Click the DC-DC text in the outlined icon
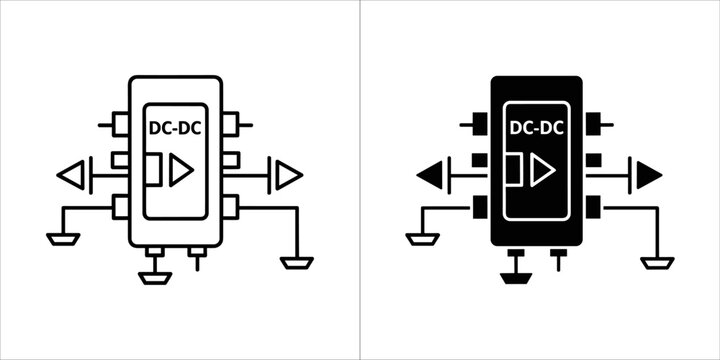(x=175, y=127)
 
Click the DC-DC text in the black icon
(x=536, y=127)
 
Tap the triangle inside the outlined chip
(x=180, y=172)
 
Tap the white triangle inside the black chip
(x=541, y=172)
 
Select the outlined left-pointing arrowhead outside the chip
(x=71, y=177)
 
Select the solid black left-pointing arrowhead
(x=430, y=177)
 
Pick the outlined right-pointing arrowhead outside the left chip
(x=288, y=176)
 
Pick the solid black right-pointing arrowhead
(x=648, y=176)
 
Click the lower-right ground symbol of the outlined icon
(x=297, y=262)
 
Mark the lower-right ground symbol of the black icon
(x=658, y=262)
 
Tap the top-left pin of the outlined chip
(x=121, y=125)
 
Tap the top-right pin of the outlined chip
(x=231, y=125)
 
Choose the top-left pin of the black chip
(x=481, y=125)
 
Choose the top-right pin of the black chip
(x=592, y=125)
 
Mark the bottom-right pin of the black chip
(x=592, y=207)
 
